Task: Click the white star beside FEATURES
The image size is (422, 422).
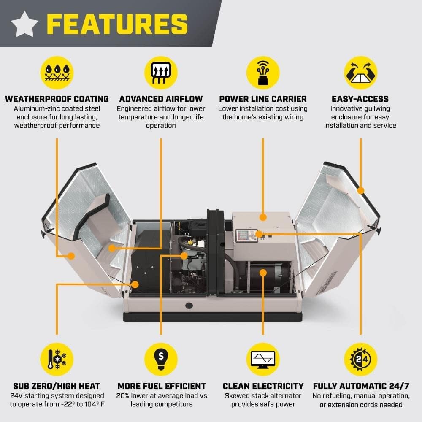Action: (x=24, y=24)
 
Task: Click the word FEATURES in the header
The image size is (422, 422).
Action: (x=117, y=24)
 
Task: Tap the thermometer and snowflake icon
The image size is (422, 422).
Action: (x=57, y=359)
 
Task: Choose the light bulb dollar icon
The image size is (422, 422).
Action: (x=161, y=359)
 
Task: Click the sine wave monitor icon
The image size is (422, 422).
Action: (x=263, y=359)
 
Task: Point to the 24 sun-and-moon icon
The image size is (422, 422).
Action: (x=360, y=359)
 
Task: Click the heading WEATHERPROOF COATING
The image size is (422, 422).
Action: (x=57, y=99)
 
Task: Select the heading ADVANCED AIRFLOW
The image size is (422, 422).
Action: (x=161, y=99)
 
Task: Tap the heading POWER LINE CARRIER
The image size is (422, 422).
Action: (x=262, y=99)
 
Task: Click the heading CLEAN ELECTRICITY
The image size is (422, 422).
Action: (x=263, y=386)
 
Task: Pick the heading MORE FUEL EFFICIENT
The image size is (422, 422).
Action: (x=161, y=386)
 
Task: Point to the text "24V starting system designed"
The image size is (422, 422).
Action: (x=57, y=396)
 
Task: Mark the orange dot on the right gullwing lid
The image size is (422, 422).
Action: (x=360, y=190)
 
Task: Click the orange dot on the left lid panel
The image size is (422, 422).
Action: (x=71, y=256)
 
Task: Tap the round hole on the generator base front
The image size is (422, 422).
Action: (x=187, y=304)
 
